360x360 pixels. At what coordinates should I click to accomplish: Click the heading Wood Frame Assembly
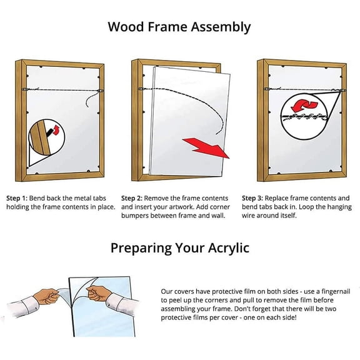[179, 27]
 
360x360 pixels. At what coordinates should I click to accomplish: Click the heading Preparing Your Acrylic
[179, 247]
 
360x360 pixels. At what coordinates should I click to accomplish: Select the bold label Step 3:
[256, 198]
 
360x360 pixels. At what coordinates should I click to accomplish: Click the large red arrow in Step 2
[206, 149]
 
